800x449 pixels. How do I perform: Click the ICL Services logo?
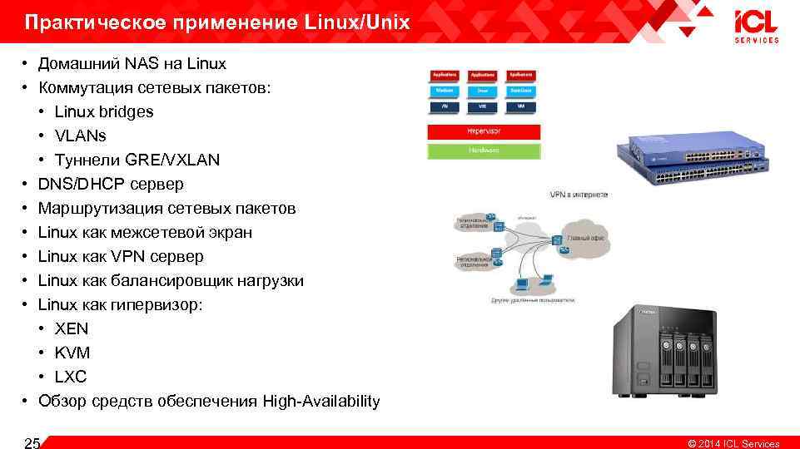pos(756,25)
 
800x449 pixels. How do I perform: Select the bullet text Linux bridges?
pos(104,111)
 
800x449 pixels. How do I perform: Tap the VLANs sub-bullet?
pos(80,136)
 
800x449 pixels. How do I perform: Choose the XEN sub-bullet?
pos(72,328)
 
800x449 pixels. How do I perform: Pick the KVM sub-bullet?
pos(72,353)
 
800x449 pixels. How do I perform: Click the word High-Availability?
pos(321,402)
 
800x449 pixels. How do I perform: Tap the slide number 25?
pos(32,443)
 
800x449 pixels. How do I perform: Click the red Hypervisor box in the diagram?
pos(484,131)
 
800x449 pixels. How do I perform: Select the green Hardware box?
pos(484,150)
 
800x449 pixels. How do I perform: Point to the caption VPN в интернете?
pos(579,195)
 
